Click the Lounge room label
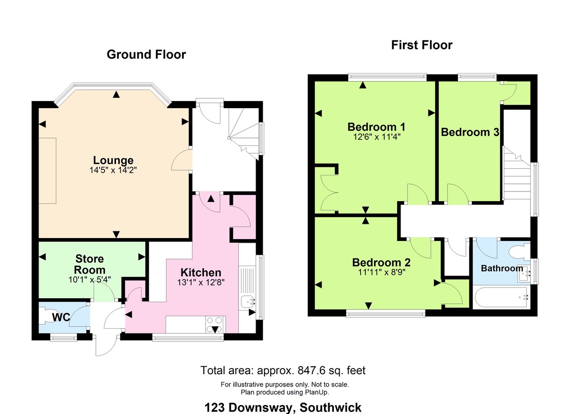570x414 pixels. click(113, 160)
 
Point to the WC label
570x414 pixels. click(62, 317)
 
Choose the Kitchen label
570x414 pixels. click(201, 273)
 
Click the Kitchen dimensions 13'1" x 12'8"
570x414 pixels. click(201, 282)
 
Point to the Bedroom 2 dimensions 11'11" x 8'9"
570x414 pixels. click(381, 272)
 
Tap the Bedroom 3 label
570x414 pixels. click(469, 132)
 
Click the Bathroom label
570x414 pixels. click(502, 268)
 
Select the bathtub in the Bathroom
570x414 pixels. click(503, 297)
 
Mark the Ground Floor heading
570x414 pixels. click(146, 55)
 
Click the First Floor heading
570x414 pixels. click(422, 45)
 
